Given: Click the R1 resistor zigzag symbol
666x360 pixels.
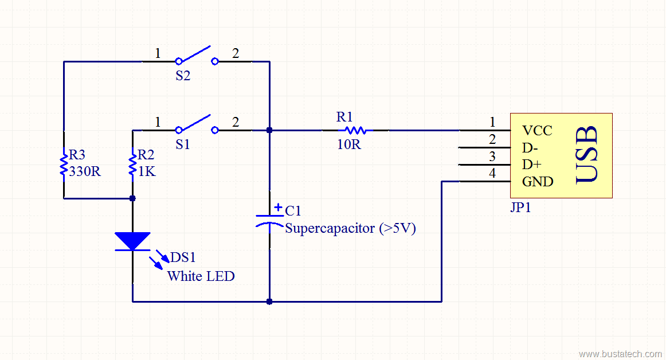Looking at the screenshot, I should [355, 130].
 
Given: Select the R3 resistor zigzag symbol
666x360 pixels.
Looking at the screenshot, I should [64, 163].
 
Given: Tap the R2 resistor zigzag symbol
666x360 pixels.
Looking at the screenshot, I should [132, 163].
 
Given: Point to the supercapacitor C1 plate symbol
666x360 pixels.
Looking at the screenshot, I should [269, 221].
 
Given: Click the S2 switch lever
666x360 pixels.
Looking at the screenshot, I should [196, 54].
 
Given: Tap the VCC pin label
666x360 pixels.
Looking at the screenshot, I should [537, 131].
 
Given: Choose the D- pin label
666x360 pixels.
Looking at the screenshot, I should [531, 148].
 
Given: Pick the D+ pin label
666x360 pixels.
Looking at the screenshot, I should [531, 165].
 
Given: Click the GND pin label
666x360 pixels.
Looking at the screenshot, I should [538, 182].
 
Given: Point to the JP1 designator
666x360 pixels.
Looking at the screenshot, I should [520, 208].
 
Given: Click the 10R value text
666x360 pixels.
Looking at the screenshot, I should [348, 144].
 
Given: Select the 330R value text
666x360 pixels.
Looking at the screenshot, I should [85, 171].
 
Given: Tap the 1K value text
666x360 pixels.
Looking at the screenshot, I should [147, 171].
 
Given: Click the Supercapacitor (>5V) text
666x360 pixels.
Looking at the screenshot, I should [350, 228].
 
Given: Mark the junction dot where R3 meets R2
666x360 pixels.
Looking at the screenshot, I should [132, 198].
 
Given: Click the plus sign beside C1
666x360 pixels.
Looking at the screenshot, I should [278, 208].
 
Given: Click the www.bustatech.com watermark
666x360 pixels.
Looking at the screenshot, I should [620, 354].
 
